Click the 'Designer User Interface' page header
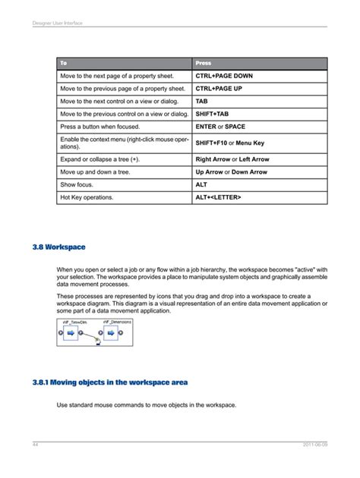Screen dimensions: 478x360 pos(57,23)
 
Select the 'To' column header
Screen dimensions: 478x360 pos(64,63)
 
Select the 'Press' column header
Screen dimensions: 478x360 pos(204,63)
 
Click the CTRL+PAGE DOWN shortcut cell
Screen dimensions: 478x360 pos(224,77)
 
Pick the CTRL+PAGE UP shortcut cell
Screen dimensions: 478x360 pos(219,89)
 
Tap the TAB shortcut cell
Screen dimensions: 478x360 pos(201,101)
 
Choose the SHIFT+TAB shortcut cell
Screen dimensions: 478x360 pos(212,114)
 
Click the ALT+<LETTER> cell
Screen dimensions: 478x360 pos(218,197)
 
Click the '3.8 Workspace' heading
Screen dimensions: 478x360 pos(59,247)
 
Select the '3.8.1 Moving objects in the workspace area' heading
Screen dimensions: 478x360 pos(110,382)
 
